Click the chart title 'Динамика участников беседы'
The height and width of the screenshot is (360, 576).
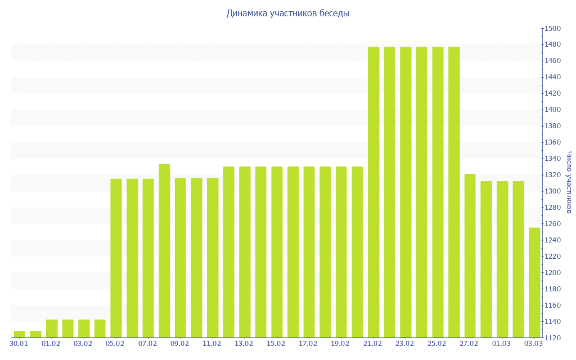click(x=287, y=13)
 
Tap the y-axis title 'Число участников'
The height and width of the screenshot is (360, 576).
click(x=569, y=182)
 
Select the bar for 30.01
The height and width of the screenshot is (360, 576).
click(x=19, y=334)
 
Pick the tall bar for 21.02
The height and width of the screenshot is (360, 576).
click(x=373, y=192)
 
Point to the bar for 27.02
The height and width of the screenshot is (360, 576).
click(x=470, y=255)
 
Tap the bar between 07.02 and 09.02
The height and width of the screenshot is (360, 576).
click(x=164, y=251)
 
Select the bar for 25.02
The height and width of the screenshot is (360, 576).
click(x=438, y=192)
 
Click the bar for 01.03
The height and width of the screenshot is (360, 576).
click(x=502, y=259)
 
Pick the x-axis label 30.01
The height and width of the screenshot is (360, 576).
click(x=19, y=343)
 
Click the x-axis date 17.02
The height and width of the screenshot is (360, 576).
click(x=309, y=343)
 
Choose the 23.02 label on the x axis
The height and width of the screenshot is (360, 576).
click(x=406, y=343)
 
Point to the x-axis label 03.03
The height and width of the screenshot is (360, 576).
click(x=534, y=343)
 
